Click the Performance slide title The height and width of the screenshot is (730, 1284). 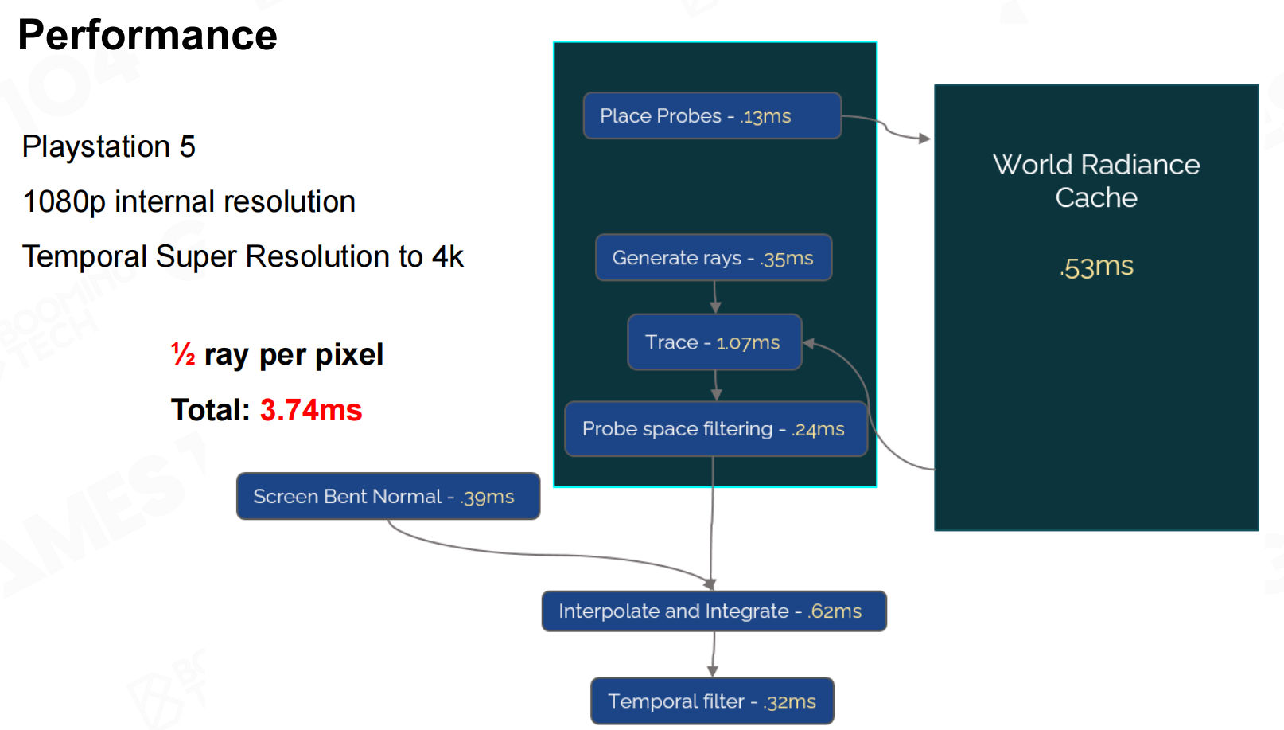click(x=147, y=35)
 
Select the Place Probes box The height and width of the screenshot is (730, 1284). click(x=712, y=116)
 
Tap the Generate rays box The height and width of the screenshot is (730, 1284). click(x=714, y=258)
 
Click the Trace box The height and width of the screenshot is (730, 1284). click(x=714, y=342)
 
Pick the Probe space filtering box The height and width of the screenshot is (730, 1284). click(x=715, y=429)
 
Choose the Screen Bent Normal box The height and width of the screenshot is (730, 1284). click(x=387, y=497)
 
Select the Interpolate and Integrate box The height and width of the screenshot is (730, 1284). click(x=714, y=611)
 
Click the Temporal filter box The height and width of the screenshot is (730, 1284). click(x=712, y=701)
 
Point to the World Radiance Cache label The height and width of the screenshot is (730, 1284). click(x=1096, y=181)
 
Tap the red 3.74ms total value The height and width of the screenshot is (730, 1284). click(x=311, y=410)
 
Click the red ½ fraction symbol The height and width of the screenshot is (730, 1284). click(x=183, y=354)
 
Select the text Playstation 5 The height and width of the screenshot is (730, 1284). click(x=109, y=147)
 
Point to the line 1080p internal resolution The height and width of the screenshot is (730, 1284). click(x=189, y=202)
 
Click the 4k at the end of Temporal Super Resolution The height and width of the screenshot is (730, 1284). click(x=448, y=257)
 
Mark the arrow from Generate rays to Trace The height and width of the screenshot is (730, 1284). click(x=715, y=297)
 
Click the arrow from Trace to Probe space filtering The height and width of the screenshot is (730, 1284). click(x=716, y=385)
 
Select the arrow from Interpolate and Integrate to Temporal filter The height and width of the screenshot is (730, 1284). click(x=713, y=654)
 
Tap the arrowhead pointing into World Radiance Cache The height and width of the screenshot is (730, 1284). click(x=924, y=139)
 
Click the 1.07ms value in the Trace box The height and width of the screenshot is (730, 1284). click(x=748, y=343)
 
